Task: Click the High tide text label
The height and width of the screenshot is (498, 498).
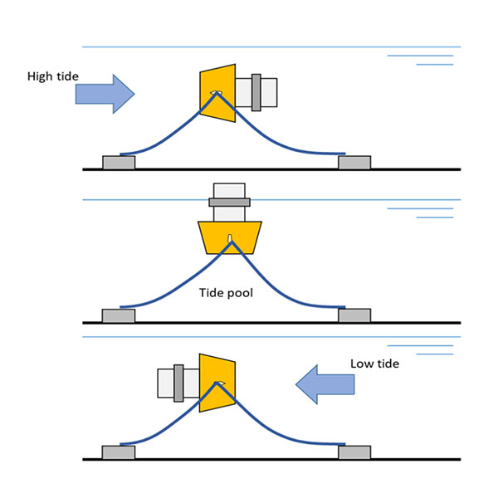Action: pos(53,76)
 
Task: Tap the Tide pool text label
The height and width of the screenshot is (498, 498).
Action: pos(226,293)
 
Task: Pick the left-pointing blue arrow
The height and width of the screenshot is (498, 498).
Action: pos(325,383)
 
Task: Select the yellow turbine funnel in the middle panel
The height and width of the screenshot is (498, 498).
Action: pos(230,237)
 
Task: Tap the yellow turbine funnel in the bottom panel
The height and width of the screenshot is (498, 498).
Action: pos(218,383)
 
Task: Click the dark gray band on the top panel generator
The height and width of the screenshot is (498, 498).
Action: pos(255,92)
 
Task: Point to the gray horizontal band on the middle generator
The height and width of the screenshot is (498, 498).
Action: pos(229,202)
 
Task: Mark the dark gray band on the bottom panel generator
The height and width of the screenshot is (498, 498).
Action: pos(178,383)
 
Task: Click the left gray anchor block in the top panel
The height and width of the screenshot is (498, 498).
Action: pos(119,162)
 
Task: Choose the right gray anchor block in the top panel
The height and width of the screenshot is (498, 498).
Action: pos(354,162)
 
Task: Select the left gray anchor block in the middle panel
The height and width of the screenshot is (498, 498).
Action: pos(118,315)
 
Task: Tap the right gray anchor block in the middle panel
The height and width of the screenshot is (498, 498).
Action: pos(354,315)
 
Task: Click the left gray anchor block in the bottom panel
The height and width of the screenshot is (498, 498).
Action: pos(118,452)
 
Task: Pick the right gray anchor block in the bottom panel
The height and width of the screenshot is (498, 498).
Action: pos(354,452)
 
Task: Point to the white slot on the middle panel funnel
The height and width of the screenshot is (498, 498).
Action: pos(230,245)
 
